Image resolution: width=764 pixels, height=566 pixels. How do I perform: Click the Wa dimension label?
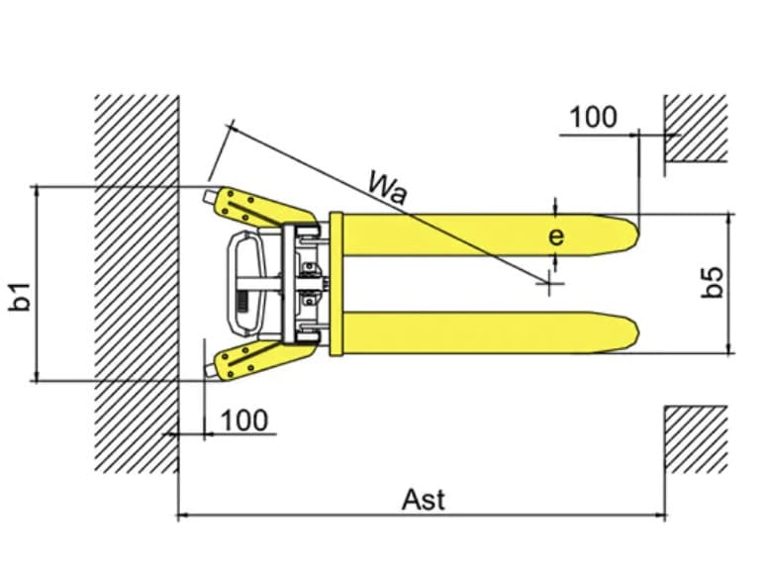coord(387,188)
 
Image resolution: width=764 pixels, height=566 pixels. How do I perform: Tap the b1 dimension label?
coord(21,296)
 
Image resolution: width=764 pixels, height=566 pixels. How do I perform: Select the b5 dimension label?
coord(713,282)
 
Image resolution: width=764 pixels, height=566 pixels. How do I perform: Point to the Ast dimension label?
coord(424,500)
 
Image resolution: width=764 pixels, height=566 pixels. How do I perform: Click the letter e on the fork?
coord(556,236)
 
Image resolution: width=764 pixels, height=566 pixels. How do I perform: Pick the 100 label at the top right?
coord(593,117)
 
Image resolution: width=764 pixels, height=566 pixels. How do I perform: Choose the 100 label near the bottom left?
coord(244,421)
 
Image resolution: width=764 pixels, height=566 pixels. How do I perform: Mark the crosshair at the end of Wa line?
coord(549,283)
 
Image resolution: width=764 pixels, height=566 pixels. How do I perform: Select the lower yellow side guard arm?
coord(263,359)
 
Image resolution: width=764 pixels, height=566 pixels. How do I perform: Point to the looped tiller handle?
coord(246,283)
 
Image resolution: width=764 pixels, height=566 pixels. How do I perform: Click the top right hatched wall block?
coord(696,128)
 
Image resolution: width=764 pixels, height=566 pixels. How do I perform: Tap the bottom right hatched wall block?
coord(696,439)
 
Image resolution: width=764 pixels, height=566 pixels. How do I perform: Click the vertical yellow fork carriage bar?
coord(336,284)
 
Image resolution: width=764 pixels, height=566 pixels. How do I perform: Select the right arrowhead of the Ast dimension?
coord(661,515)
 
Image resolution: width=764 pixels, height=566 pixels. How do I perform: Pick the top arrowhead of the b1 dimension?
coord(36,191)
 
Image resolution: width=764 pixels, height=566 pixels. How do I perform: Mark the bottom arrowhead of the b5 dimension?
coord(729,348)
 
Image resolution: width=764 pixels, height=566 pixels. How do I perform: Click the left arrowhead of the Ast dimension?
coord(182,515)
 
